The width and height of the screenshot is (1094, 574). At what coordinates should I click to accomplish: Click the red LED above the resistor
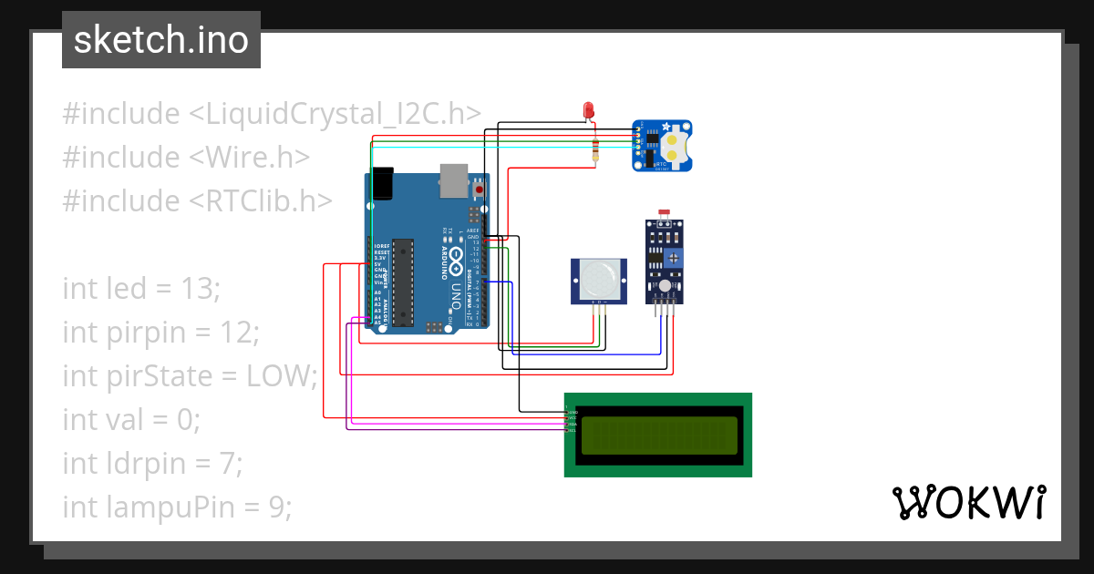click(x=589, y=110)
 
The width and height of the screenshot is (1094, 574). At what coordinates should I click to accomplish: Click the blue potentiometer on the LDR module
click(x=674, y=259)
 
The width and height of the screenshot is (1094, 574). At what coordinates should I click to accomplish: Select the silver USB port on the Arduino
click(x=453, y=180)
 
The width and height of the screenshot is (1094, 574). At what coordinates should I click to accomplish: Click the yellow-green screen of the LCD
click(x=658, y=435)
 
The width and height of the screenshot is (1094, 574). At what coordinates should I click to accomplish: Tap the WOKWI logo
click(x=967, y=502)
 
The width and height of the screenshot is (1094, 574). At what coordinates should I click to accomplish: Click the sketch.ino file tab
click(x=161, y=40)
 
